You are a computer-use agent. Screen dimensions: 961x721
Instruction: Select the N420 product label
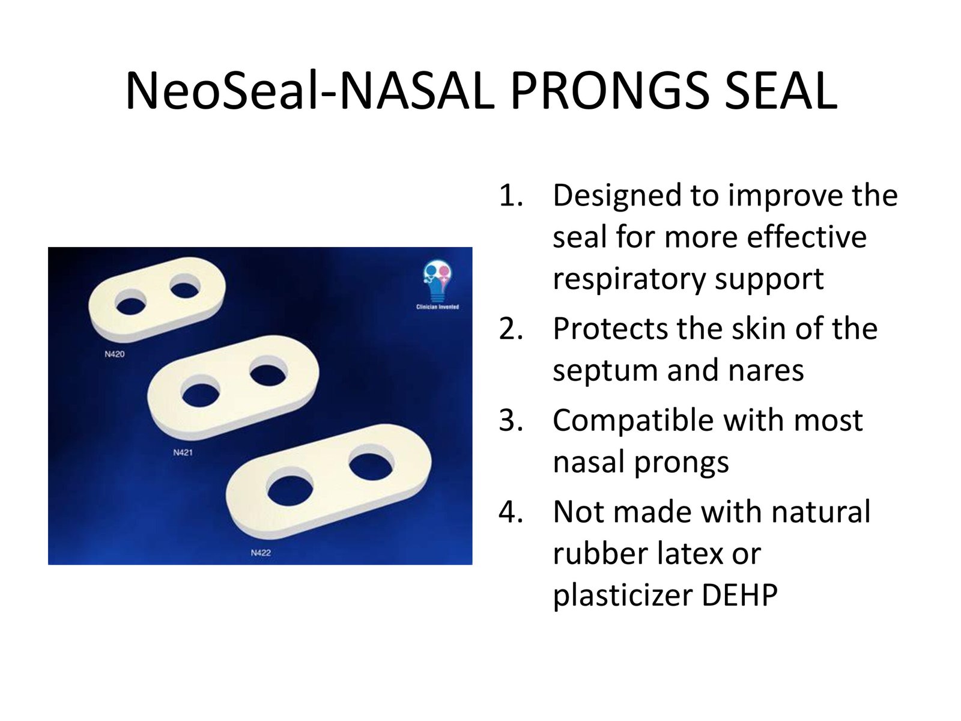114,354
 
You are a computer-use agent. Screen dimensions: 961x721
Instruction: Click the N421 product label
183,452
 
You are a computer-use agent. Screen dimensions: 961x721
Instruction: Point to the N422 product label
261,553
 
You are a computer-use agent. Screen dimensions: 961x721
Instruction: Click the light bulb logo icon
437,281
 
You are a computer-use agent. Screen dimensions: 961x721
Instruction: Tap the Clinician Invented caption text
437,307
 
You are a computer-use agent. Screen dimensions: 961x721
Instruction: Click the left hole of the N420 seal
131,302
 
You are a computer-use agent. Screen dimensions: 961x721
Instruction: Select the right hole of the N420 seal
185,287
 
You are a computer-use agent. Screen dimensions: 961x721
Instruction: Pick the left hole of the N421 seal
200,391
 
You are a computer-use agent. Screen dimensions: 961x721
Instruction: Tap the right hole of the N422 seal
372,463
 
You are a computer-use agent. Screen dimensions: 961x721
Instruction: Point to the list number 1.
511,195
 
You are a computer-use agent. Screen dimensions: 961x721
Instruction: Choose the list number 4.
511,512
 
